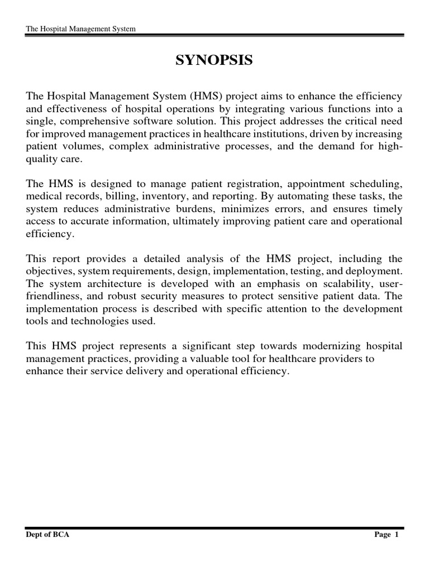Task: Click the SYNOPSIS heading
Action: [x=214, y=60]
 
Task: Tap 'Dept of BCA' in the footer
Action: [x=47, y=535]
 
